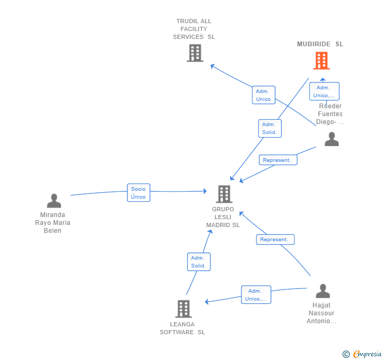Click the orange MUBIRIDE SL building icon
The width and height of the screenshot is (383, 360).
(x=321, y=60)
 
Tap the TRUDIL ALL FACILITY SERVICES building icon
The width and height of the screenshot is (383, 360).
(x=195, y=53)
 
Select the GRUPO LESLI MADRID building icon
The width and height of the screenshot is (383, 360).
(x=224, y=194)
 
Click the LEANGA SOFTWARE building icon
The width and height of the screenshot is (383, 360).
(x=184, y=308)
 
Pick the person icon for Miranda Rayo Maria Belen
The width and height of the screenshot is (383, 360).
(x=54, y=201)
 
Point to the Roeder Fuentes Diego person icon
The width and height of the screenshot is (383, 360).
(x=331, y=139)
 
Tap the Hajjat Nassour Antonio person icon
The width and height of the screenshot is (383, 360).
(x=322, y=291)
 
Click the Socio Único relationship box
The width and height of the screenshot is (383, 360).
(x=138, y=192)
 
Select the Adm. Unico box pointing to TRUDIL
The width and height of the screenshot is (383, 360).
(x=264, y=95)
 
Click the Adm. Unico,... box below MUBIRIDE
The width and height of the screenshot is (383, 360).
(x=324, y=91)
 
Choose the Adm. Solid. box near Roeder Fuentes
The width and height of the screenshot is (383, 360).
(x=270, y=128)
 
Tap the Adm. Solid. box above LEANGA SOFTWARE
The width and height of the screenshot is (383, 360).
(x=198, y=262)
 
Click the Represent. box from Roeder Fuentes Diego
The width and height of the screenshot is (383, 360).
(x=278, y=160)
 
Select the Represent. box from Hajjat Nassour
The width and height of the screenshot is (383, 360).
(x=275, y=240)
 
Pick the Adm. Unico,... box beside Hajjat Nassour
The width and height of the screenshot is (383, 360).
(x=256, y=295)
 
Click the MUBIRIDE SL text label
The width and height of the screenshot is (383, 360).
(x=320, y=44)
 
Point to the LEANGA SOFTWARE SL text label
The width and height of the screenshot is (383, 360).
(x=183, y=328)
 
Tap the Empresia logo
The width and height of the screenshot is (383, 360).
(x=362, y=354)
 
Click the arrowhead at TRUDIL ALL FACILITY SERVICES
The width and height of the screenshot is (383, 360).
(x=212, y=66)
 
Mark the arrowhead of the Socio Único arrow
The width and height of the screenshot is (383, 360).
(x=205, y=191)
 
